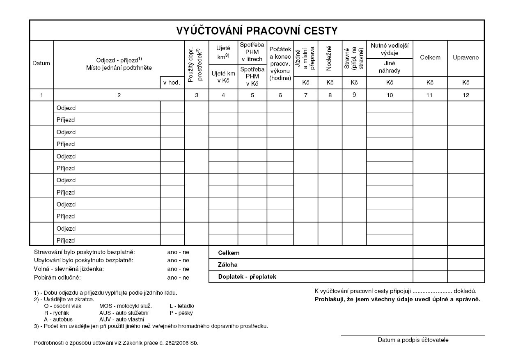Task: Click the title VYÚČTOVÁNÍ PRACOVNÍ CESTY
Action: pos(257,31)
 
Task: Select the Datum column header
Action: pos(41,63)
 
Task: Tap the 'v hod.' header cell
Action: pos(172,83)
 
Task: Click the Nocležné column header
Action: pos(329,58)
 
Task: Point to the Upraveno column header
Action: pos(465,57)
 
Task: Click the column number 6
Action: pos(280,95)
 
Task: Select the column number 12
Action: pos(465,95)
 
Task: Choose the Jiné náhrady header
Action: pos(389,67)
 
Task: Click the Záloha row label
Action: pos(228,265)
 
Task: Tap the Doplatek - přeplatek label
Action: pos(247,277)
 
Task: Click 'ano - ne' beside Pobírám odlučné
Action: pos(178,277)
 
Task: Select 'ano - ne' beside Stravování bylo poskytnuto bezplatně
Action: pos(178,252)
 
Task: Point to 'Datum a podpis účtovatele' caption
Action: pos(413,340)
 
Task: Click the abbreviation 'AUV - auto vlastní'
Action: pos(122,319)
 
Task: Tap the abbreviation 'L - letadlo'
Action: pos(181,306)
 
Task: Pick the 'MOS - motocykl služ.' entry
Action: pos(126,306)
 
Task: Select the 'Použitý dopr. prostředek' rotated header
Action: pos(196,64)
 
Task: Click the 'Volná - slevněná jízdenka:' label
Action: pos(69,269)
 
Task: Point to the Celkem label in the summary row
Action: pos(229,253)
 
